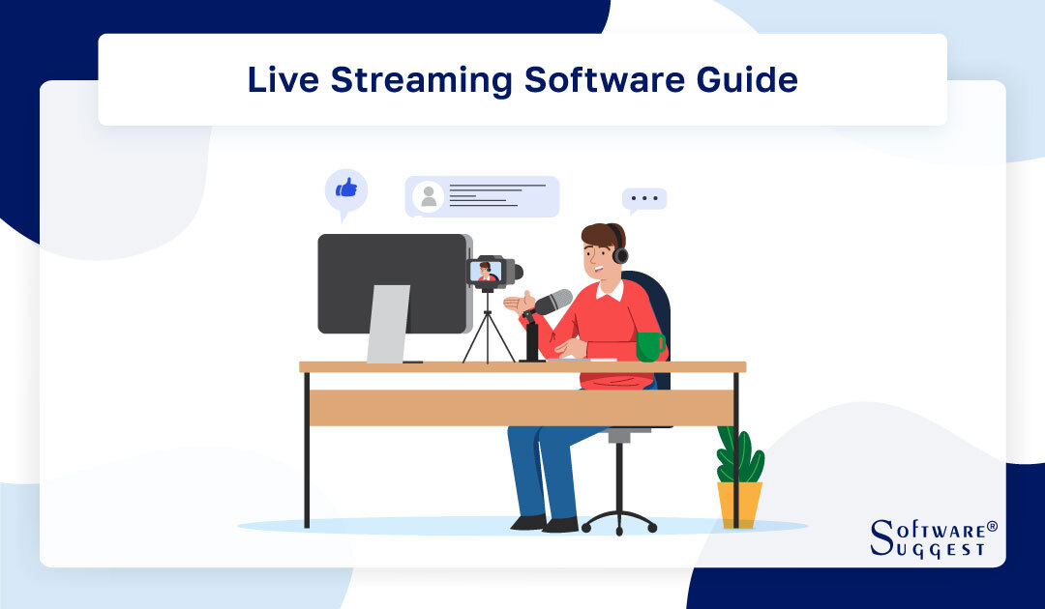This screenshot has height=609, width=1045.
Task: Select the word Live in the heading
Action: coord(284,79)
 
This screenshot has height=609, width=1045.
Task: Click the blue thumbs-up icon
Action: coord(345,188)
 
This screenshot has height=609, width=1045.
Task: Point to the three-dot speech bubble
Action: coord(643,199)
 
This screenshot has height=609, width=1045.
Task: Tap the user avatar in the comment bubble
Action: coord(428,197)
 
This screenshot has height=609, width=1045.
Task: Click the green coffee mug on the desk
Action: coord(648,346)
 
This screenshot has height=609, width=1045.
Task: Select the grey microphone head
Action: coord(554,302)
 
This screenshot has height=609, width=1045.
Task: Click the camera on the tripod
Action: coord(491,272)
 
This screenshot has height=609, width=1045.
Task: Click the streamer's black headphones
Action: coord(618,251)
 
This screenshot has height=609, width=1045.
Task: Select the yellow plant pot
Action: coord(739,504)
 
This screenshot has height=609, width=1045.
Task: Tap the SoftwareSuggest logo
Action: coord(933,537)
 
